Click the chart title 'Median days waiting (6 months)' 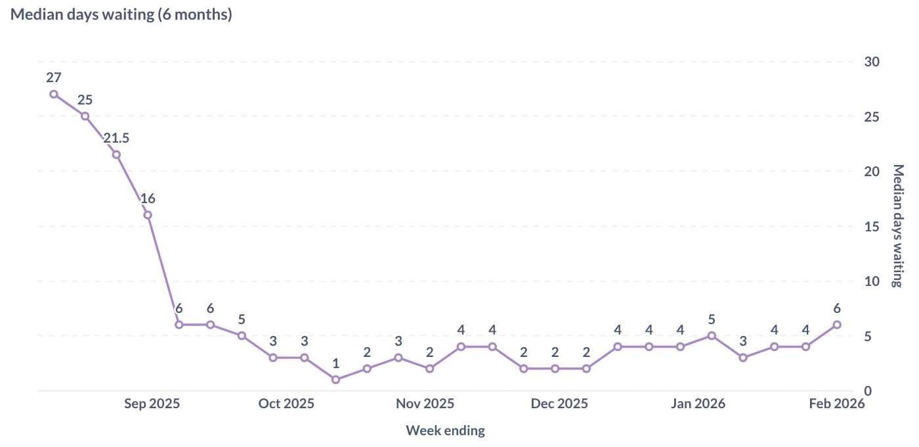click(121, 14)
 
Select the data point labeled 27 click(54, 94)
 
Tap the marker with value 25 click(85, 116)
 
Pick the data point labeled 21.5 click(116, 154)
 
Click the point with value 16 click(148, 215)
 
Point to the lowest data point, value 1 click(335, 379)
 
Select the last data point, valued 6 click(837, 325)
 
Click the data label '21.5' click(116, 138)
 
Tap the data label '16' click(148, 199)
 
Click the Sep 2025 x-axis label click(152, 404)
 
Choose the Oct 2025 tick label click(286, 404)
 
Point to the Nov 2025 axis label click(425, 404)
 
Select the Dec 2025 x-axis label click(559, 404)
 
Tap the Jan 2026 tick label click(698, 404)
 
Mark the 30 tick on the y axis click(872, 62)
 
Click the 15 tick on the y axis click(872, 226)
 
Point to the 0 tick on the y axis click(868, 391)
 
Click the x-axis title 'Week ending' click(445, 431)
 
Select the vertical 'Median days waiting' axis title click(898, 225)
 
